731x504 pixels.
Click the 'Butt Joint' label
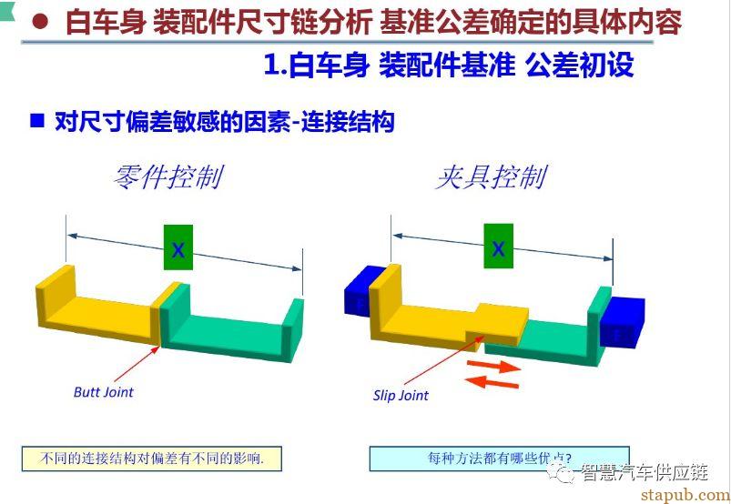[x=104, y=392]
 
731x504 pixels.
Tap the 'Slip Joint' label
[x=401, y=396]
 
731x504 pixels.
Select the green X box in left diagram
[x=178, y=247]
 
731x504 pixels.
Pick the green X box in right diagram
[x=498, y=246]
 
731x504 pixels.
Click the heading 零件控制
[x=168, y=176]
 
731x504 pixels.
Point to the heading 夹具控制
[x=492, y=176]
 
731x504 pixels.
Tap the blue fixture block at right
[x=622, y=322]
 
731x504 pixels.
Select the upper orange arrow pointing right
[x=494, y=366]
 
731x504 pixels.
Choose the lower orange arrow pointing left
[x=492, y=382]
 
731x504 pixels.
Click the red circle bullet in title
[x=41, y=21]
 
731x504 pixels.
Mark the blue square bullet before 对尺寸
[x=36, y=121]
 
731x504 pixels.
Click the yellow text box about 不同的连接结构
[x=152, y=459]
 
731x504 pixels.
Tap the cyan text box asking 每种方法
[x=499, y=459]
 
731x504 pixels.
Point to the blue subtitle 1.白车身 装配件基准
[x=390, y=65]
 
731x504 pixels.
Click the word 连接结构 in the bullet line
[x=348, y=121]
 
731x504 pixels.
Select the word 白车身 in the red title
[x=106, y=22]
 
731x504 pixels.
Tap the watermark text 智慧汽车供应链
[x=645, y=472]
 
